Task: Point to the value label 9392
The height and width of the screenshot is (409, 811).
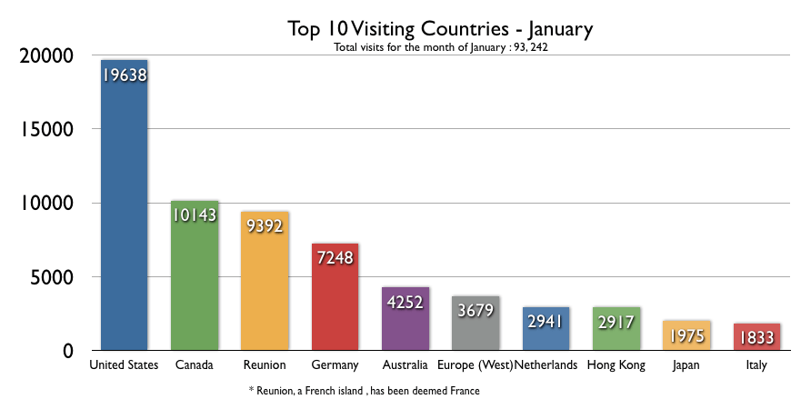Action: pyautogui.click(x=265, y=225)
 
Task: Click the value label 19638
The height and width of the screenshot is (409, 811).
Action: pyautogui.click(x=124, y=74)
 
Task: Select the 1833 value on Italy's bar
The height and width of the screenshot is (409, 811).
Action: pyautogui.click(x=756, y=336)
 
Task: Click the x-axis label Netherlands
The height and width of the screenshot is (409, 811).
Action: pyautogui.click(x=546, y=365)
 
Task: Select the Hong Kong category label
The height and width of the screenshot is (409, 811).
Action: pyautogui.click(x=616, y=365)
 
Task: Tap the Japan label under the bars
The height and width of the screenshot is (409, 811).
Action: pyautogui.click(x=686, y=365)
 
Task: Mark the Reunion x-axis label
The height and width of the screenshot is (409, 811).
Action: pyautogui.click(x=265, y=365)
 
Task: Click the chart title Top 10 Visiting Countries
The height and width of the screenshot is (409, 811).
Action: pyautogui.click(x=440, y=28)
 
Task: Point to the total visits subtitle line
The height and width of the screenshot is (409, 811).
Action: pyautogui.click(x=440, y=47)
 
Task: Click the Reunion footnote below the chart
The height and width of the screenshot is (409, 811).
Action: pyautogui.click(x=364, y=391)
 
